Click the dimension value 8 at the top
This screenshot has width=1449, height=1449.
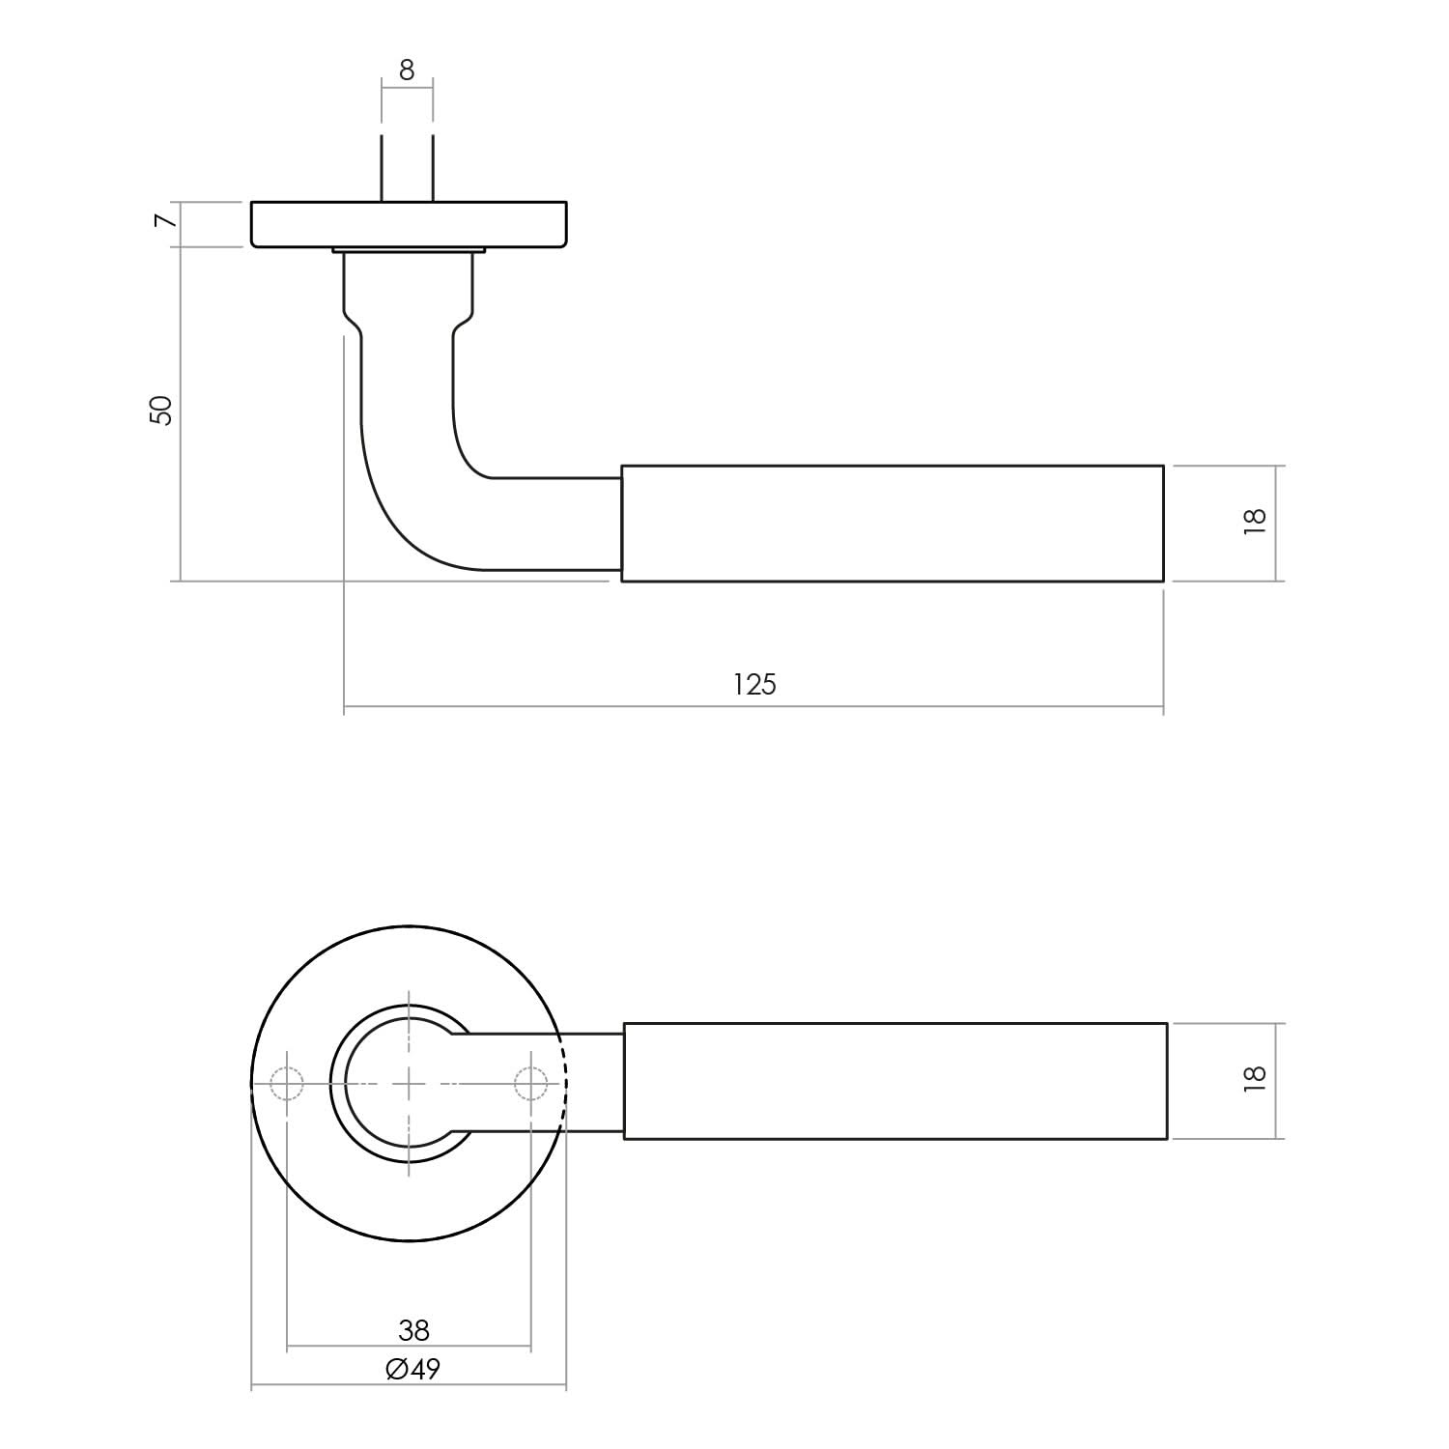click(x=407, y=71)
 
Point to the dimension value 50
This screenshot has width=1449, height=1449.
click(x=161, y=411)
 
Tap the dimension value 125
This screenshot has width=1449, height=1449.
click(x=754, y=684)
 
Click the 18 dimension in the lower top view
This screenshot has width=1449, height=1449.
click(x=1254, y=1078)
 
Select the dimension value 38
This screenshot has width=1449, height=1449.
click(x=413, y=1330)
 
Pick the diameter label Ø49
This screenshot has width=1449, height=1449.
click(x=412, y=1369)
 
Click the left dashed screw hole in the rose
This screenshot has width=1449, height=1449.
click(x=287, y=1084)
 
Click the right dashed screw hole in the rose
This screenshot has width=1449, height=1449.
click(x=530, y=1084)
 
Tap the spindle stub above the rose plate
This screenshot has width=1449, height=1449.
click(x=407, y=169)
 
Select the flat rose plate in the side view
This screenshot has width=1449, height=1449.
click(x=409, y=225)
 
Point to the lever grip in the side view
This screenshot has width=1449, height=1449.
click(x=892, y=524)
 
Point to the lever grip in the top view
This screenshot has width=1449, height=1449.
click(x=895, y=1081)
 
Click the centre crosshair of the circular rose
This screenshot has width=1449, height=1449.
click(x=409, y=1084)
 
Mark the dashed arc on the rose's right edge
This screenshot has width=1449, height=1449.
click(x=564, y=1084)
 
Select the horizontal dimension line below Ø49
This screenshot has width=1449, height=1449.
click(x=409, y=1388)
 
